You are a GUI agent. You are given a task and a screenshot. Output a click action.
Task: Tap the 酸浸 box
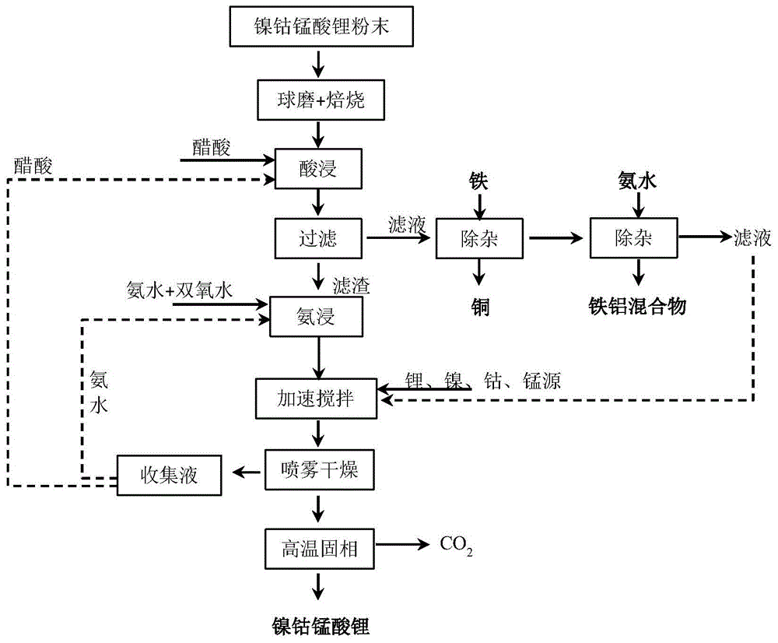(317, 168)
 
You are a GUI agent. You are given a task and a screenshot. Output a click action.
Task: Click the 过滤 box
(317, 237)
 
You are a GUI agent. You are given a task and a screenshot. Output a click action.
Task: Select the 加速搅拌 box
(317, 398)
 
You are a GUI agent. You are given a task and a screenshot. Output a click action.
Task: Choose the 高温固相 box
(317, 548)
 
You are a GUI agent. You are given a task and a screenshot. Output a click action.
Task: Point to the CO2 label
(457, 548)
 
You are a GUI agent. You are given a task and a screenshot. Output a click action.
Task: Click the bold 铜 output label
(478, 306)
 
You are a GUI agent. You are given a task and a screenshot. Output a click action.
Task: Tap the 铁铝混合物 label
(640, 306)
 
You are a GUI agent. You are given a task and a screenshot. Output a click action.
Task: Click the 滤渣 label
(351, 285)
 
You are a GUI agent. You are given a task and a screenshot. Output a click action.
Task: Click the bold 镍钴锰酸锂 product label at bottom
(319, 624)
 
